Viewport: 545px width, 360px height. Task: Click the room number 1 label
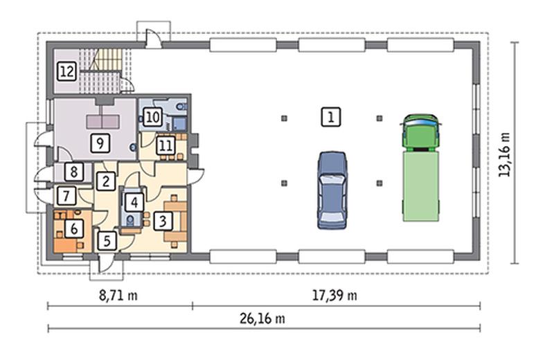click(331, 117)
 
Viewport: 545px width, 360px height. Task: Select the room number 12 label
click(66, 71)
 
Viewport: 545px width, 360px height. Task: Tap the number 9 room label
click(100, 143)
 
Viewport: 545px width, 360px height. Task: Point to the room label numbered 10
click(152, 117)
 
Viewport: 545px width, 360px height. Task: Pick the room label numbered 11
click(166, 145)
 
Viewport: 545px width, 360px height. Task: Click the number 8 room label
click(73, 172)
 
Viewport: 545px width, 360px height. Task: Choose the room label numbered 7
click(66, 196)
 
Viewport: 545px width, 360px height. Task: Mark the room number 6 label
click(73, 228)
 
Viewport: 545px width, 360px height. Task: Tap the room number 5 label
click(107, 240)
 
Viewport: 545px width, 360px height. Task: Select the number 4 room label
click(134, 202)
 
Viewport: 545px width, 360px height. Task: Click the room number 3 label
click(163, 221)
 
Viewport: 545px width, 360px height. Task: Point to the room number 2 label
click(106, 181)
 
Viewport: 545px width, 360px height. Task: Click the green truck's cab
click(420, 133)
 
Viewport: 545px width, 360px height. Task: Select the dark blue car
click(332, 190)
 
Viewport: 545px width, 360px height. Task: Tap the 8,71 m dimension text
click(118, 296)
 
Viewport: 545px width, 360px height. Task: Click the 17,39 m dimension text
click(334, 296)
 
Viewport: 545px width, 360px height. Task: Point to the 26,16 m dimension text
click(262, 318)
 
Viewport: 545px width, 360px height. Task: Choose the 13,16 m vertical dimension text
click(504, 154)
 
